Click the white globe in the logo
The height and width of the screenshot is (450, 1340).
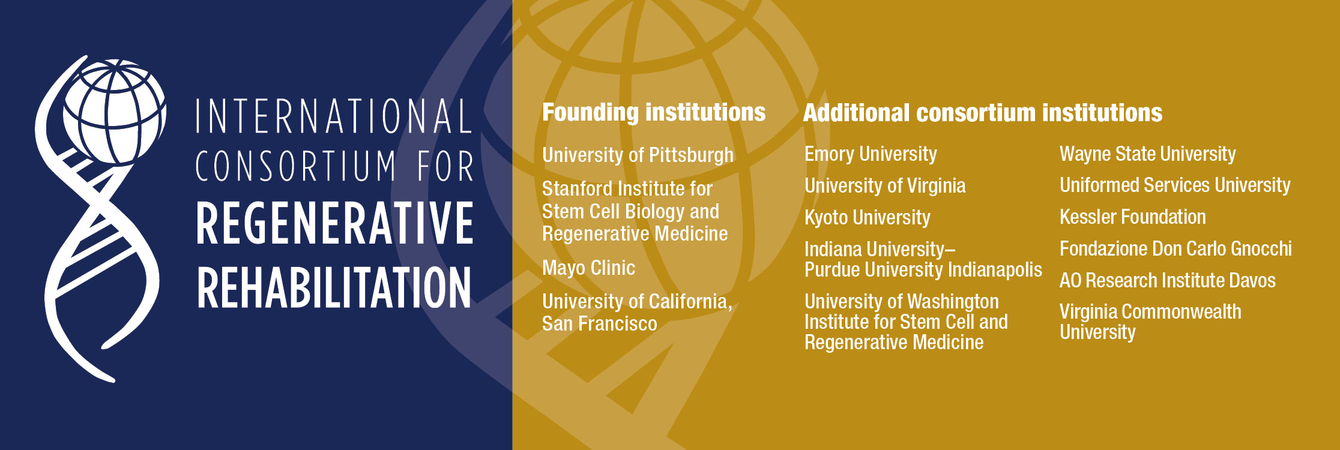click(x=114, y=112)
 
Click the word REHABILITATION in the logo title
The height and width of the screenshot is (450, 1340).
click(x=334, y=287)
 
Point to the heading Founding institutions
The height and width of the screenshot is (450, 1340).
click(x=654, y=113)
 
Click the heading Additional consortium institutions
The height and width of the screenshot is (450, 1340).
click(x=983, y=113)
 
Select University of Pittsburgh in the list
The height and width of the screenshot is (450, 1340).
click(x=638, y=155)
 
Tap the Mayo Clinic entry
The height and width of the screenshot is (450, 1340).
click(x=588, y=268)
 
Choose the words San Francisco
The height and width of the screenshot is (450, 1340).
click(x=599, y=323)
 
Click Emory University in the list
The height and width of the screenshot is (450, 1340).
click(x=871, y=154)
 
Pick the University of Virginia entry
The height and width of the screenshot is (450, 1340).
click(x=885, y=186)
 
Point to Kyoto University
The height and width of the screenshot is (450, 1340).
click(x=868, y=217)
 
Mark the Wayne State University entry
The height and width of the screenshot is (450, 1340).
click(x=1148, y=154)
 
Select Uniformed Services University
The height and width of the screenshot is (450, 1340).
click(x=1175, y=185)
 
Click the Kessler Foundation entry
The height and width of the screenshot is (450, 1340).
click(x=1133, y=217)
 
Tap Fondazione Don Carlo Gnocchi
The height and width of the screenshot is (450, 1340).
click(x=1176, y=248)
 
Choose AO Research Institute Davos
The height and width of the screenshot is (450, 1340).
click(x=1168, y=280)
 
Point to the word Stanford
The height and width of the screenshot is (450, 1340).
click(x=577, y=188)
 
